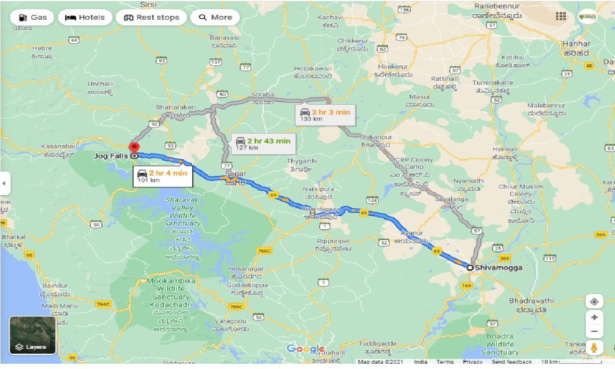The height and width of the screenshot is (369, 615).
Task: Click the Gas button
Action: [x=33, y=17]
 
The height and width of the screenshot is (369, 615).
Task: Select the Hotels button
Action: [x=85, y=17]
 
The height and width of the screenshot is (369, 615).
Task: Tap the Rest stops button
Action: [x=151, y=17]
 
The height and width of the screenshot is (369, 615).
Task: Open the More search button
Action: [x=215, y=17]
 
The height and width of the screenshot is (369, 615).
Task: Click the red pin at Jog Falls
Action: [x=135, y=148]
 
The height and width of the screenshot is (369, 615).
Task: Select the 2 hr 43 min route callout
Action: [x=263, y=143]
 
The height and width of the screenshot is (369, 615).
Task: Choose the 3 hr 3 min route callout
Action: [x=325, y=115]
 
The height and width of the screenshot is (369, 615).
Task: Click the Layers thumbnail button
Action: [x=33, y=335]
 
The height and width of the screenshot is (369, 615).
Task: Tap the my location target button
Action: [x=594, y=302]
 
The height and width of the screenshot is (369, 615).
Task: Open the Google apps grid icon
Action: [x=561, y=16]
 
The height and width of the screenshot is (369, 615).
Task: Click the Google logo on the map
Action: [x=306, y=349]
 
